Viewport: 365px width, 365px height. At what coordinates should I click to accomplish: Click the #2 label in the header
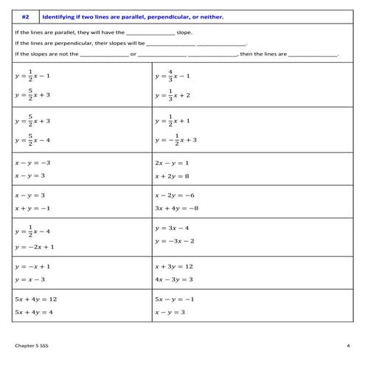point(25,16)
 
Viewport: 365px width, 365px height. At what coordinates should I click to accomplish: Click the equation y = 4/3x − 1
point(173,75)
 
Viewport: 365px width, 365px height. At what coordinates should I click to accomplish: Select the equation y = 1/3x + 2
point(173,94)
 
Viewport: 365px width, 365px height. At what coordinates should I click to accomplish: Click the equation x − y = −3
point(31,162)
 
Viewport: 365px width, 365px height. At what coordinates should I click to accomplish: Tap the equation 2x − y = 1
point(172,162)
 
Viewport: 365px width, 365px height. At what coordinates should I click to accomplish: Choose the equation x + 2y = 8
point(172,176)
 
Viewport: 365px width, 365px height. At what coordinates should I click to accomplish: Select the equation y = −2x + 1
point(34,247)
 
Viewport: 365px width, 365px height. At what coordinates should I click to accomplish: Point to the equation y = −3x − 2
point(175,241)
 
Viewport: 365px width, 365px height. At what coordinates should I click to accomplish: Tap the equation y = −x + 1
point(32,265)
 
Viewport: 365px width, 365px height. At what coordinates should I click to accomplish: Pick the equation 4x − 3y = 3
point(174,279)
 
